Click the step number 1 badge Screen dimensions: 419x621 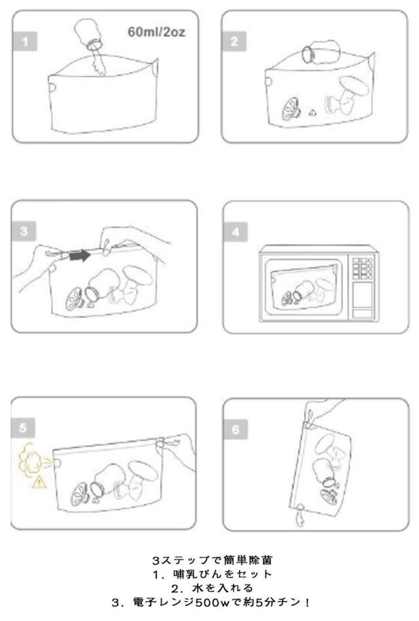(25, 41)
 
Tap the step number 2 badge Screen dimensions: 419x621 (234, 41)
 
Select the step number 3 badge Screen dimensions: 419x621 (24, 231)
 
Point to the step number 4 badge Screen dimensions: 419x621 (236, 232)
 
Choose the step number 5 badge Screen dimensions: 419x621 (23, 428)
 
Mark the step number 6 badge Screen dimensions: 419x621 (236, 429)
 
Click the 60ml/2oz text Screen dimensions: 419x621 (156, 31)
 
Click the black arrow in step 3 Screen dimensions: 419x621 (80, 256)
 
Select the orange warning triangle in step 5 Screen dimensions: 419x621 (39, 482)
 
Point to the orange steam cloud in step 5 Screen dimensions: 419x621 (31, 460)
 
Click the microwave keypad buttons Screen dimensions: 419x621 (363, 269)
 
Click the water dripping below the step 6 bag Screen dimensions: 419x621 (301, 515)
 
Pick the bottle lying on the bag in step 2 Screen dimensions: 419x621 (321, 52)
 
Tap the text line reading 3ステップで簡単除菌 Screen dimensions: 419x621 (213, 560)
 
